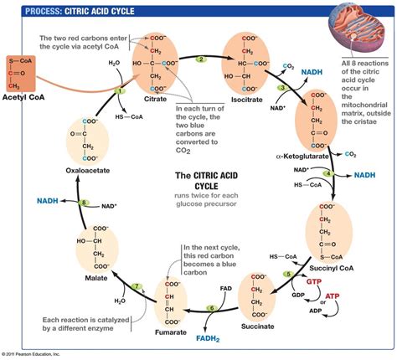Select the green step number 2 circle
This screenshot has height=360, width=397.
tap(200, 60)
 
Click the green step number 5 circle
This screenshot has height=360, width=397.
tap(286, 273)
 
